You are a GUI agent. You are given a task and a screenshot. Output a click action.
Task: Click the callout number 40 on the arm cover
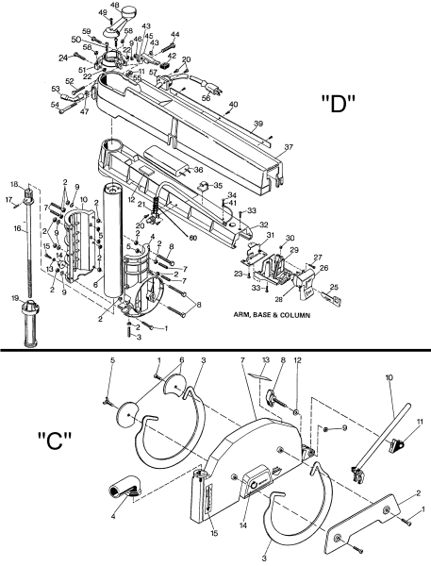(233, 104)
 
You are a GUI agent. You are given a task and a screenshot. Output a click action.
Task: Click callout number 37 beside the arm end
(290, 146)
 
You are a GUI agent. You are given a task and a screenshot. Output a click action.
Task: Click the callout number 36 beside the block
(198, 170)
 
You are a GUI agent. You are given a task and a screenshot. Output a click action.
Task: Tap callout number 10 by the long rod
(388, 376)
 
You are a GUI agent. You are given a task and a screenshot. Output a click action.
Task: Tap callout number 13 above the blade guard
(265, 360)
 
